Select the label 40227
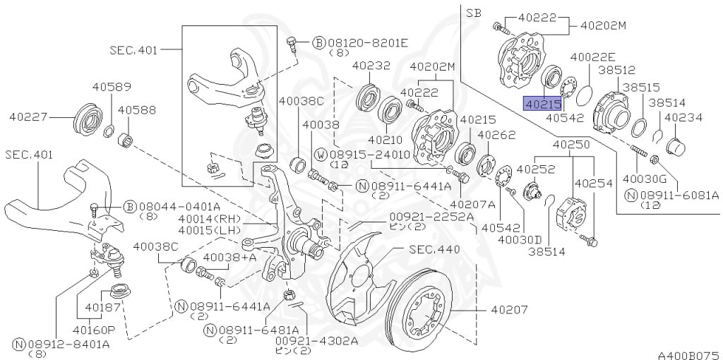tap(28, 117)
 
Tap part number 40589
tap(112, 87)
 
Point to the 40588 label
tap(136, 110)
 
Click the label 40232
tap(371, 66)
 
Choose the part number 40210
tap(385, 139)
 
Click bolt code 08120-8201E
tap(368, 43)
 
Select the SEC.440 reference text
tap(434, 249)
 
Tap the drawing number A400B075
tap(689, 355)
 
